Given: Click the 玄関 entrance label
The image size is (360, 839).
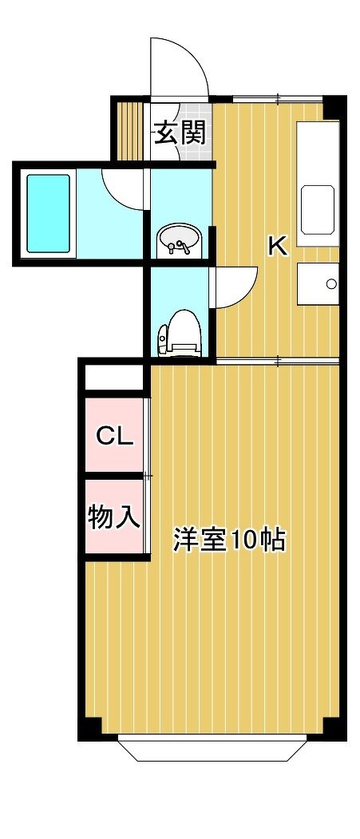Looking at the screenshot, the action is (x=180, y=134).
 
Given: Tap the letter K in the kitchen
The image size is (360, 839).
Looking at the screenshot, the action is (x=278, y=246).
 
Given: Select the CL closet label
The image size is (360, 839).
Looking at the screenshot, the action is (x=114, y=437).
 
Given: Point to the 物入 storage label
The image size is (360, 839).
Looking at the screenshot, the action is (x=114, y=516).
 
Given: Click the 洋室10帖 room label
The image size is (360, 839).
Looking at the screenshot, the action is (x=228, y=540).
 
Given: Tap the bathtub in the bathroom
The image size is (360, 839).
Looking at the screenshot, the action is (x=49, y=213).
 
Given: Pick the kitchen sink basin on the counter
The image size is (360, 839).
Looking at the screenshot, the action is (x=319, y=209).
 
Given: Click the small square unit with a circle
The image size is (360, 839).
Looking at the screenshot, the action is (x=318, y=283).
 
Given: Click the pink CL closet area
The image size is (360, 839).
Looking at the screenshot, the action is (x=114, y=434).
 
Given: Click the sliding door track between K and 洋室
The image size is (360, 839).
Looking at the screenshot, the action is (x=278, y=362).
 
